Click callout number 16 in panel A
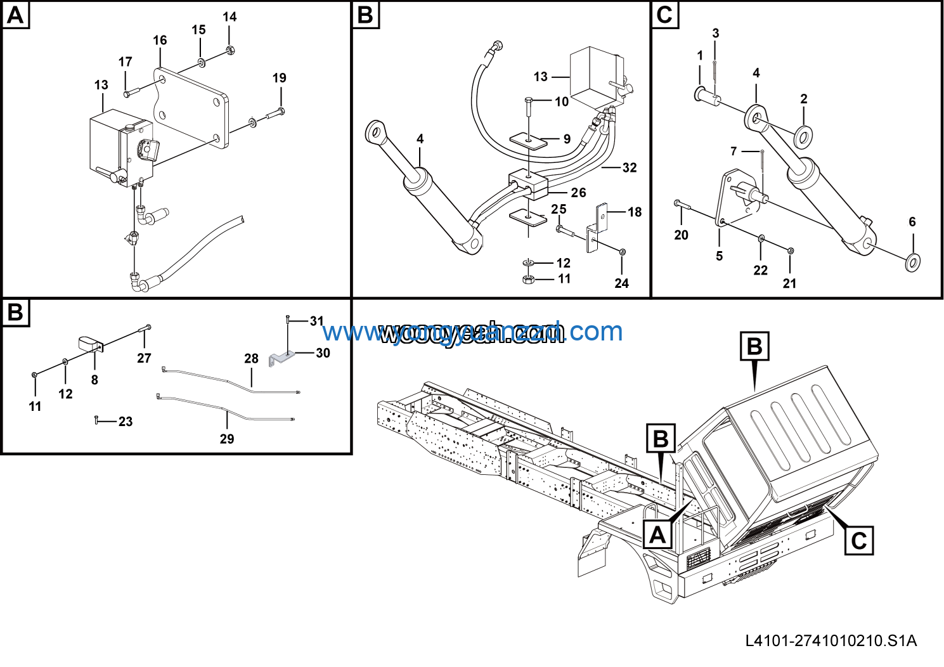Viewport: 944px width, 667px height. tap(160, 41)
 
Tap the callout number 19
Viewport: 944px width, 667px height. tap(279, 78)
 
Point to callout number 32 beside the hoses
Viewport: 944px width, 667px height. tap(629, 167)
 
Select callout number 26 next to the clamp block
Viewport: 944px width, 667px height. tap(578, 192)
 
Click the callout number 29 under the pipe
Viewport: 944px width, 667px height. tap(227, 439)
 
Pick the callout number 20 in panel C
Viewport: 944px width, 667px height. tap(681, 235)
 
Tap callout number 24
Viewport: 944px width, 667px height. tap(621, 283)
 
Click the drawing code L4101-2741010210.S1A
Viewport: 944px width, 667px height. tap(831, 640)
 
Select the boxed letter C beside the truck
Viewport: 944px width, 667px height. tap(858, 541)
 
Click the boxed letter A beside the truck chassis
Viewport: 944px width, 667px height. tap(657, 535)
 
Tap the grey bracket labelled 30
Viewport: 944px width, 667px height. tap(281, 359)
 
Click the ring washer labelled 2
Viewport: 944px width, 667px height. tap(804, 134)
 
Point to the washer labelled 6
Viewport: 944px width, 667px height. tap(913, 261)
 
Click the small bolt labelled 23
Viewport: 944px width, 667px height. tap(96, 419)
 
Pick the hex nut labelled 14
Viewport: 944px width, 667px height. tap(230, 49)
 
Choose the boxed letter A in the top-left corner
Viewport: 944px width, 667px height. tap(15, 15)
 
